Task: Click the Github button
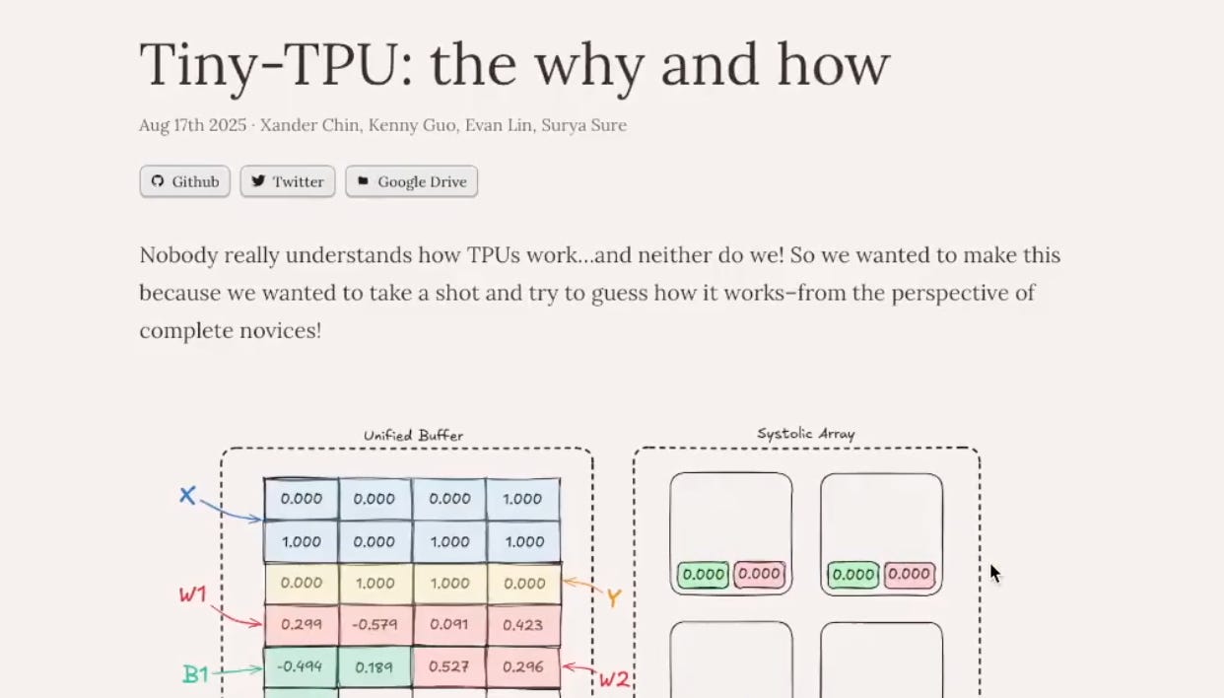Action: pyautogui.click(x=185, y=181)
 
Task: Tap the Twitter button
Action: pyautogui.click(x=288, y=181)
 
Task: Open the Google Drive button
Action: pyautogui.click(x=411, y=181)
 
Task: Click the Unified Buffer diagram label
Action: pyautogui.click(x=413, y=435)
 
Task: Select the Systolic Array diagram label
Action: pyautogui.click(x=805, y=433)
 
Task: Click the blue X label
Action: pyautogui.click(x=187, y=496)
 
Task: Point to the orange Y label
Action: pyautogui.click(x=613, y=597)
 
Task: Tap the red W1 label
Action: pyautogui.click(x=192, y=594)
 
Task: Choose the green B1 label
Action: pyautogui.click(x=195, y=674)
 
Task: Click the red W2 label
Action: pyautogui.click(x=614, y=678)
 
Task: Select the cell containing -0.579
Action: pyautogui.click(x=374, y=624)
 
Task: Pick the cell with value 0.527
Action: pyautogui.click(x=449, y=666)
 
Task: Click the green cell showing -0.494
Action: pyautogui.click(x=300, y=666)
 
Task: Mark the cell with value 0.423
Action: pyautogui.click(x=522, y=624)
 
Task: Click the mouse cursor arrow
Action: pyautogui.click(x=994, y=573)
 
